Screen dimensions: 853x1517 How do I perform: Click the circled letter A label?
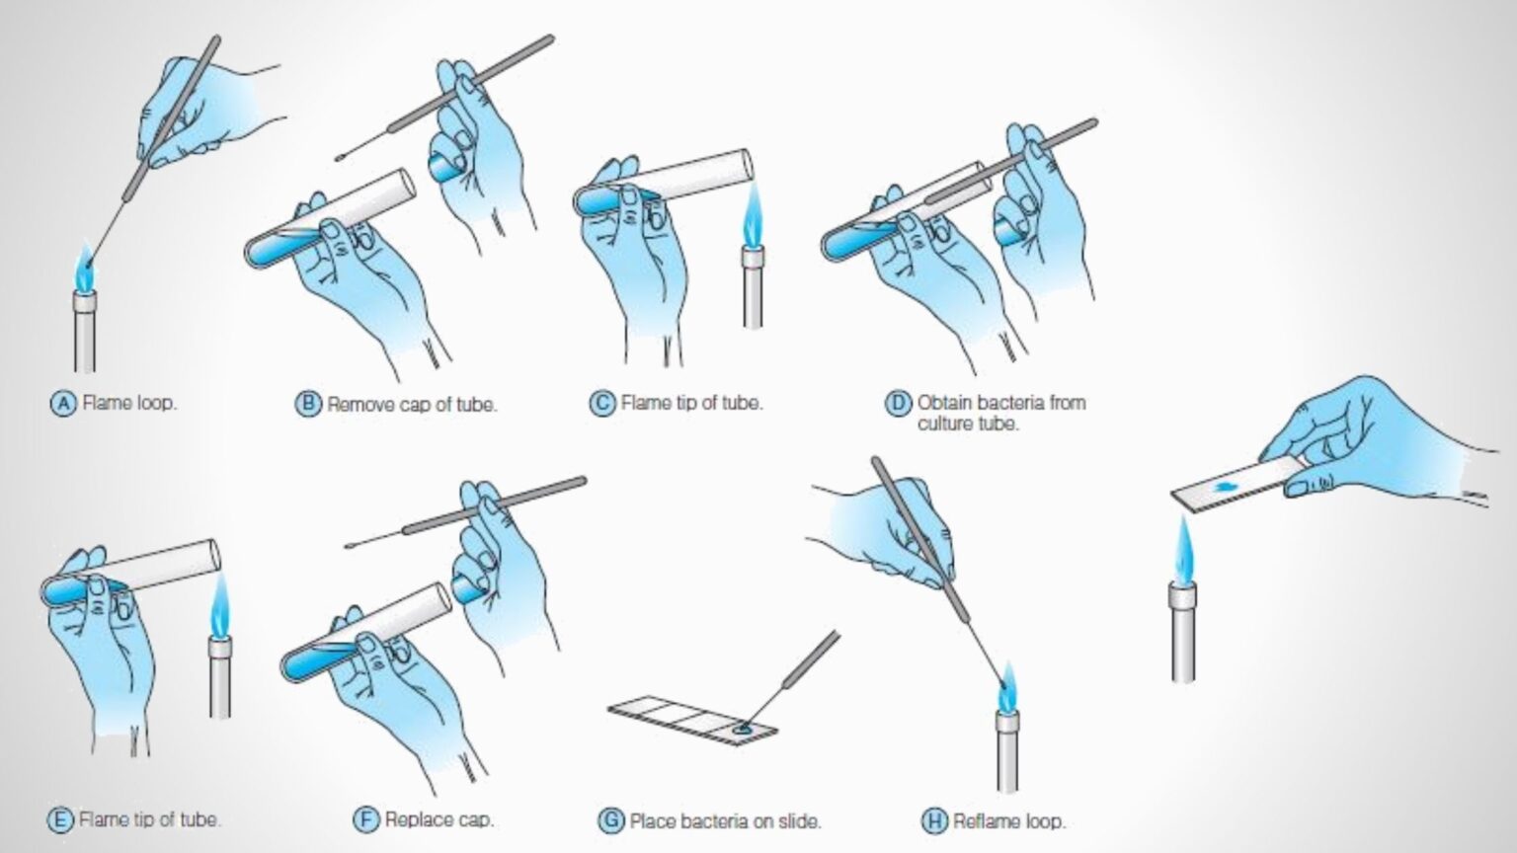(63, 403)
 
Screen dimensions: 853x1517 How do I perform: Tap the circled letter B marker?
(309, 404)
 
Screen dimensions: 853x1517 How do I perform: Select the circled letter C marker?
(601, 403)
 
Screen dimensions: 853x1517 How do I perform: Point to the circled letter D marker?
(897, 403)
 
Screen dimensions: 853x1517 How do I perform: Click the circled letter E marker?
(60, 819)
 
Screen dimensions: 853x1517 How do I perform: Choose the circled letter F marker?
(366, 819)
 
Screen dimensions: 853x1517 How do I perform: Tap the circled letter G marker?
(611, 820)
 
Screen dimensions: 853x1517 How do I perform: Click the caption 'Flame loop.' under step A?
(129, 403)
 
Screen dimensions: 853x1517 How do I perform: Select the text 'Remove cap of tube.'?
(412, 404)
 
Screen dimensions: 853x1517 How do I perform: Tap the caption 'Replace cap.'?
(439, 819)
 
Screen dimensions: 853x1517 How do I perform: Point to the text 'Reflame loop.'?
(1008, 820)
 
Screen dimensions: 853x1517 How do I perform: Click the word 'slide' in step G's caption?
(798, 820)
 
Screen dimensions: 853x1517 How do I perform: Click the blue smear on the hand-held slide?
(1224, 488)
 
